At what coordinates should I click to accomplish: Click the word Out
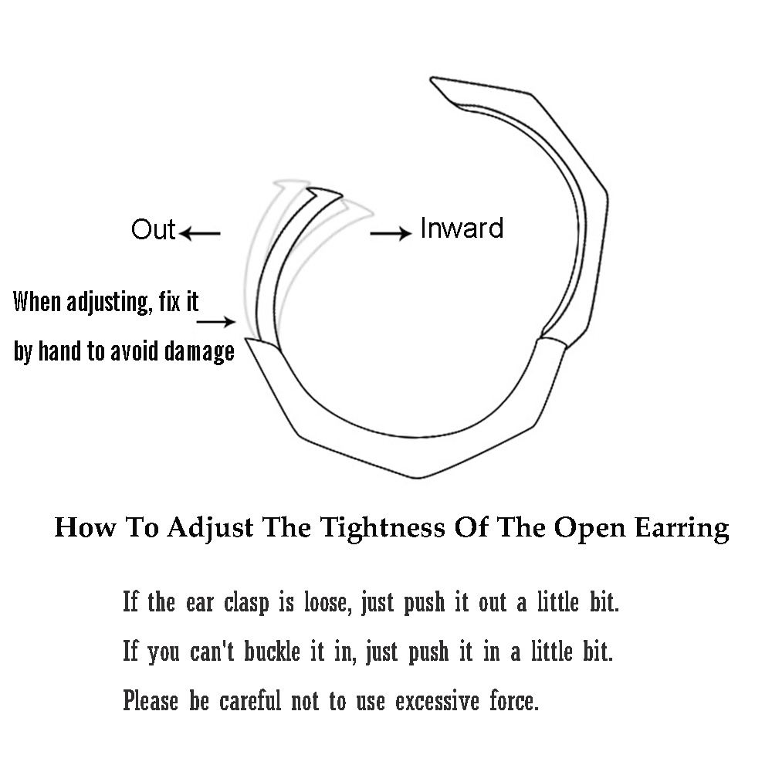pos(153,230)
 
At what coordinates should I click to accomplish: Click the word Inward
pos(462,229)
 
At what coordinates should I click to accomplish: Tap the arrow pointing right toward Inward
pos(391,233)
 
